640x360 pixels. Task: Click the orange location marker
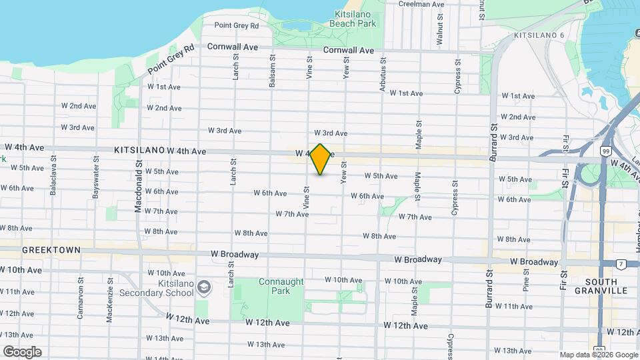(321, 159)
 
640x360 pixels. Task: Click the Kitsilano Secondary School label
(157, 287)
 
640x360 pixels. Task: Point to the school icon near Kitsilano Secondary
(205, 288)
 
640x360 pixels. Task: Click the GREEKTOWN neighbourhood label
(51, 250)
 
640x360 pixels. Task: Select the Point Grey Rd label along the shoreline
(171, 59)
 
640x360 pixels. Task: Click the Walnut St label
(439, 30)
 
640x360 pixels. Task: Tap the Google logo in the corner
(21, 351)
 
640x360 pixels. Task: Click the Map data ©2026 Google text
(598, 355)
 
